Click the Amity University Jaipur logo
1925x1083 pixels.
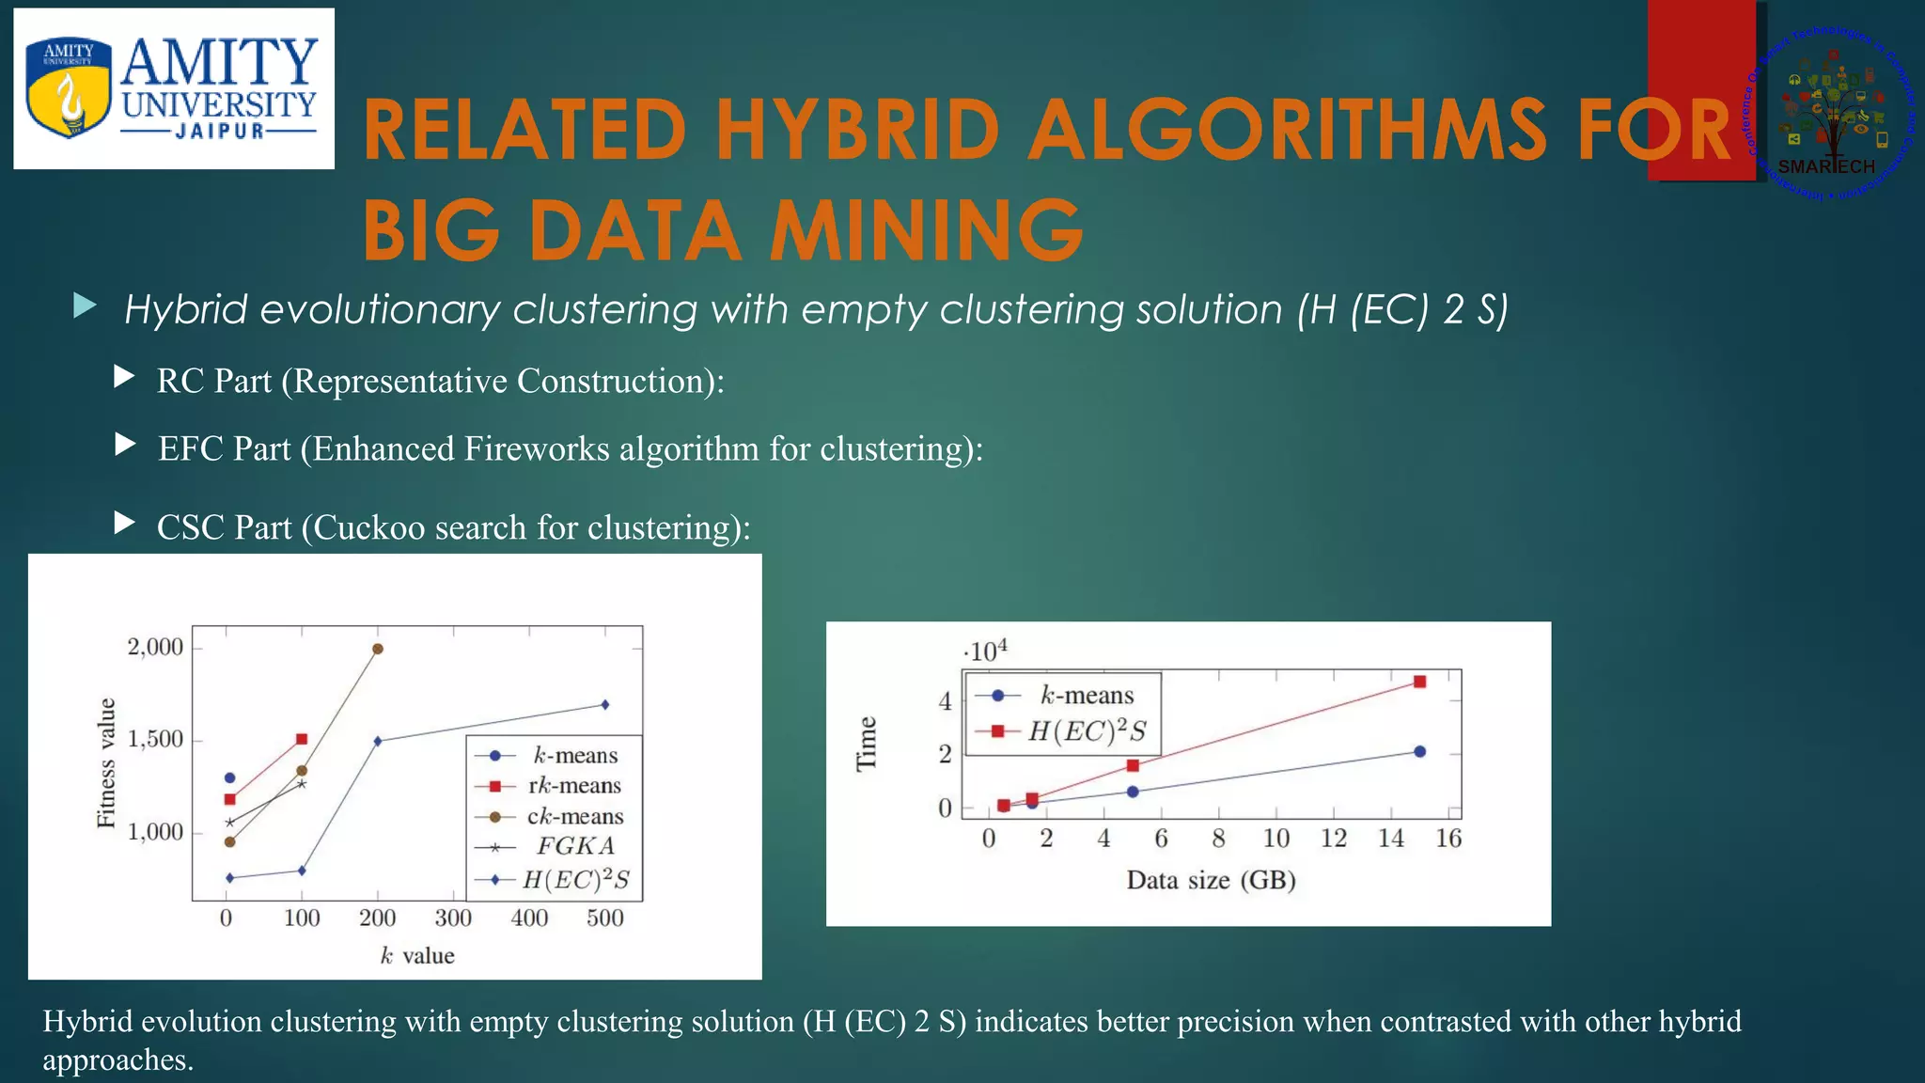[x=174, y=89]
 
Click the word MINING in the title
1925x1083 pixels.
[x=926, y=230]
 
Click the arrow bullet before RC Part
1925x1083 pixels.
[x=124, y=378]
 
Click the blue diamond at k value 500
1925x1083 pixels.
[x=605, y=704]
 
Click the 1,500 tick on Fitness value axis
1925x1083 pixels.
[x=155, y=740]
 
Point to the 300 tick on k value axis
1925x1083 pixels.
[x=453, y=918]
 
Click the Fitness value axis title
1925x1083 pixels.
[x=106, y=762]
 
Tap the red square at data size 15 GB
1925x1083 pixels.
[x=1419, y=682]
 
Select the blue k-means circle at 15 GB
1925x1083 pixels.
[x=1419, y=751]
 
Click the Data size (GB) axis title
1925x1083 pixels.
[x=1211, y=881]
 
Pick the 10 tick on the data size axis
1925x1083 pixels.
[x=1276, y=839]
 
